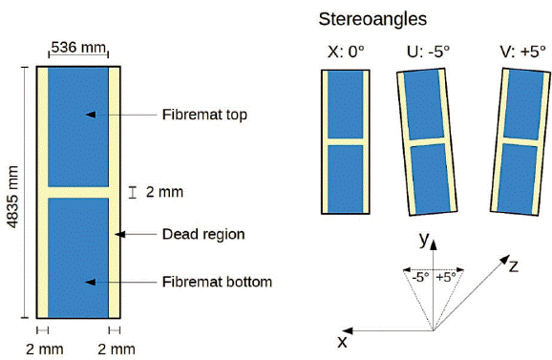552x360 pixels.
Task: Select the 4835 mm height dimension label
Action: click(x=12, y=192)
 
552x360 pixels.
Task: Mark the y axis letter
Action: click(x=421, y=240)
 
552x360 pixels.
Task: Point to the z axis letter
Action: click(x=513, y=266)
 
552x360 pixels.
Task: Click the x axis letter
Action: click(x=341, y=341)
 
